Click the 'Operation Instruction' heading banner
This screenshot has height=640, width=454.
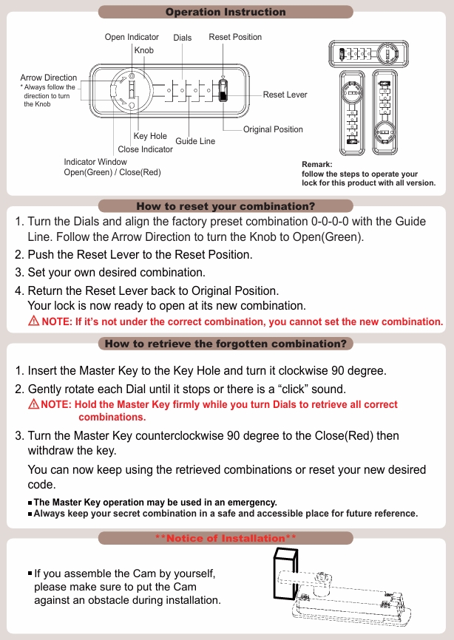point(226,12)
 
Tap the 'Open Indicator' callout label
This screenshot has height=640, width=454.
point(132,37)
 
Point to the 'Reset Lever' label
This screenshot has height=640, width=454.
point(285,95)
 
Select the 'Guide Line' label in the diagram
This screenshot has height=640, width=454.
point(195,140)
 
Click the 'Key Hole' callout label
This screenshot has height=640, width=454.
point(150,136)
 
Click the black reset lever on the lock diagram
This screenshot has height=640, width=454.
point(224,95)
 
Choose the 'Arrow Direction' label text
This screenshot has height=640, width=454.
point(49,78)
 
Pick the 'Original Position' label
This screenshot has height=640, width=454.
point(273,129)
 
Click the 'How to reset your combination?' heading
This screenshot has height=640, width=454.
point(226,205)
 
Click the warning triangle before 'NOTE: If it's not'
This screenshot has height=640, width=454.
point(33,321)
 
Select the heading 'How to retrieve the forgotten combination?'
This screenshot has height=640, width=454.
point(226,344)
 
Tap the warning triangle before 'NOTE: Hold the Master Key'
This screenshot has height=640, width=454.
point(33,404)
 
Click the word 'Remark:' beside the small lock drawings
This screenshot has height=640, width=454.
point(317,165)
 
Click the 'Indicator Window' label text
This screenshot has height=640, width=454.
point(95,162)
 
